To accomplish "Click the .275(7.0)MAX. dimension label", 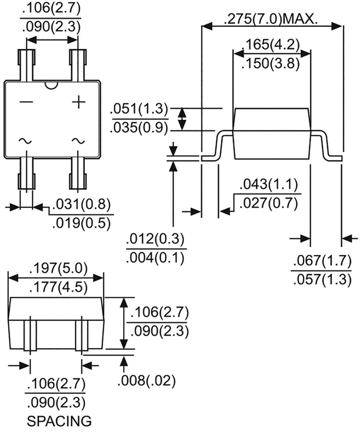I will point(270,19).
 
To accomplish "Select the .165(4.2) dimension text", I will point(272,45).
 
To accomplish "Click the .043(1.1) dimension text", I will point(269,184).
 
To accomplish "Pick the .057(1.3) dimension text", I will point(321,280).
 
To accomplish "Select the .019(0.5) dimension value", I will point(82,223).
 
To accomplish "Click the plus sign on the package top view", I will point(78,103).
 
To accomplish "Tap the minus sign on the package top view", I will point(26,103).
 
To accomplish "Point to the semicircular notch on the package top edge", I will point(51,86).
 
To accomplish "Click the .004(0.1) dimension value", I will point(155,257).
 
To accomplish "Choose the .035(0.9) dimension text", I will point(139,128).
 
